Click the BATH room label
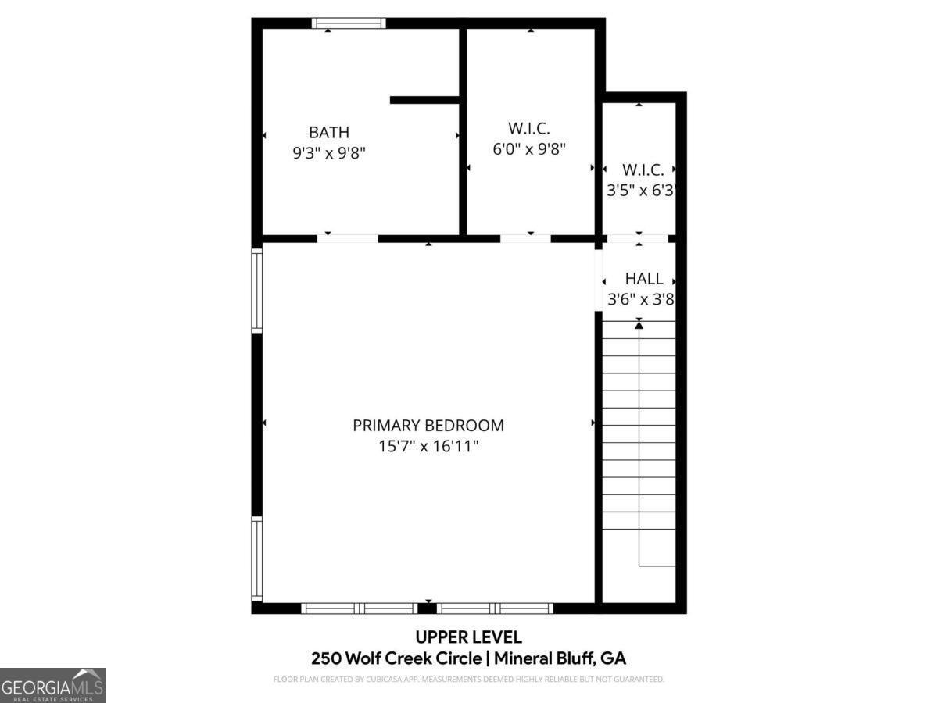pos(328,132)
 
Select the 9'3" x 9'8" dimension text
pos(328,153)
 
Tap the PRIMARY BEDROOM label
pos(428,426)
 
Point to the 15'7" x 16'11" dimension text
pos(428,447)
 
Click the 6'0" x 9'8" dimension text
pos(528,148)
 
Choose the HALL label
pos(643,278)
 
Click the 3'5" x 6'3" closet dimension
pos(640,190)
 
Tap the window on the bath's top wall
pos(349,23)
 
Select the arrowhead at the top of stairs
pos(639,323)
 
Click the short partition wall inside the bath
pos(424,100)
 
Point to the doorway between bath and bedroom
pos(348,238)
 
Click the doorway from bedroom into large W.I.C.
pos(525,238)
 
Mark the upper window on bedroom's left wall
pos(256,290)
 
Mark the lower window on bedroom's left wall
pos(256,559)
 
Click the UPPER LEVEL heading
pos(468,637)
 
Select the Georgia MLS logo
pos(52,685)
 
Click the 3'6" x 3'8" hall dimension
pos(640,298)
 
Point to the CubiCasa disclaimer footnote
pos(468,679)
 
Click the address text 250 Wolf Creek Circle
pos(396,658)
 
